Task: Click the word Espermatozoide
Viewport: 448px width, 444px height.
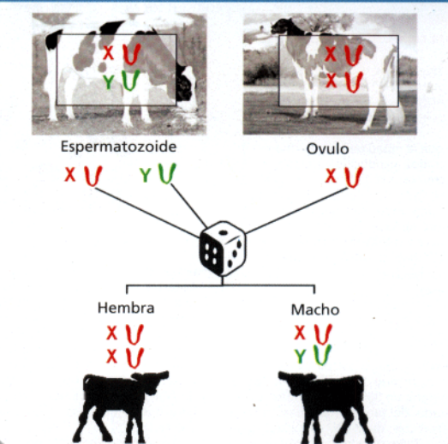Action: click(118, 147)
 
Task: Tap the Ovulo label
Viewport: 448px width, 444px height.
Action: click(327, 149)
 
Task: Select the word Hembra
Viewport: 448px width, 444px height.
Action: click(126, 308)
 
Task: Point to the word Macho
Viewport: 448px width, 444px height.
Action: click(315, 309)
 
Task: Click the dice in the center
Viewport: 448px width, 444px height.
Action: click(222, 249)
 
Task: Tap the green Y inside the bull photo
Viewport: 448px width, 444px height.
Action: click(109, 81)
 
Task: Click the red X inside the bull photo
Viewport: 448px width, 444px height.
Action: click(109, 52)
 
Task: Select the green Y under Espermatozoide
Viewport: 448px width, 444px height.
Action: click(145, 175)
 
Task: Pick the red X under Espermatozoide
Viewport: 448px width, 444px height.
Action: click(70, 174)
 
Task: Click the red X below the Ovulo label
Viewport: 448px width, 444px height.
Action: click(331, 176)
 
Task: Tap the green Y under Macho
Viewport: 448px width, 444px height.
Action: click(300, 357)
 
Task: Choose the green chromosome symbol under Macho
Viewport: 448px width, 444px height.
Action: click(322, 355)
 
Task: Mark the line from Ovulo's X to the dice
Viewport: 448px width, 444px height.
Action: click(296, 210)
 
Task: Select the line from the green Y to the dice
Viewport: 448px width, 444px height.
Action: click(188, 206)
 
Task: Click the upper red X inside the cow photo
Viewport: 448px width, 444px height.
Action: click(331, 54)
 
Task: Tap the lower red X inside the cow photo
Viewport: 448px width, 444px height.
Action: click(331, 81)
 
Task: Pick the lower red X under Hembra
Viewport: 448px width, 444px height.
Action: click(111, 357)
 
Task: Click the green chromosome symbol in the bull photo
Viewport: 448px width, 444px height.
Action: click(130, 81)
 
